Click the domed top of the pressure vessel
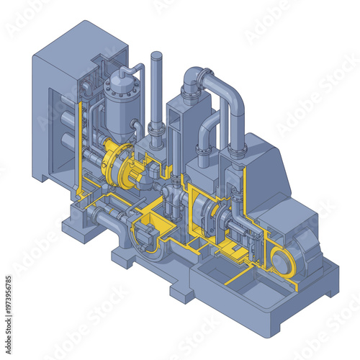(x=116, y=84)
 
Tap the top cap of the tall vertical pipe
(x=157, y=56)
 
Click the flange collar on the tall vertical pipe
(x=157, y=128)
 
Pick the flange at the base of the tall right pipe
(x=235, y=150)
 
